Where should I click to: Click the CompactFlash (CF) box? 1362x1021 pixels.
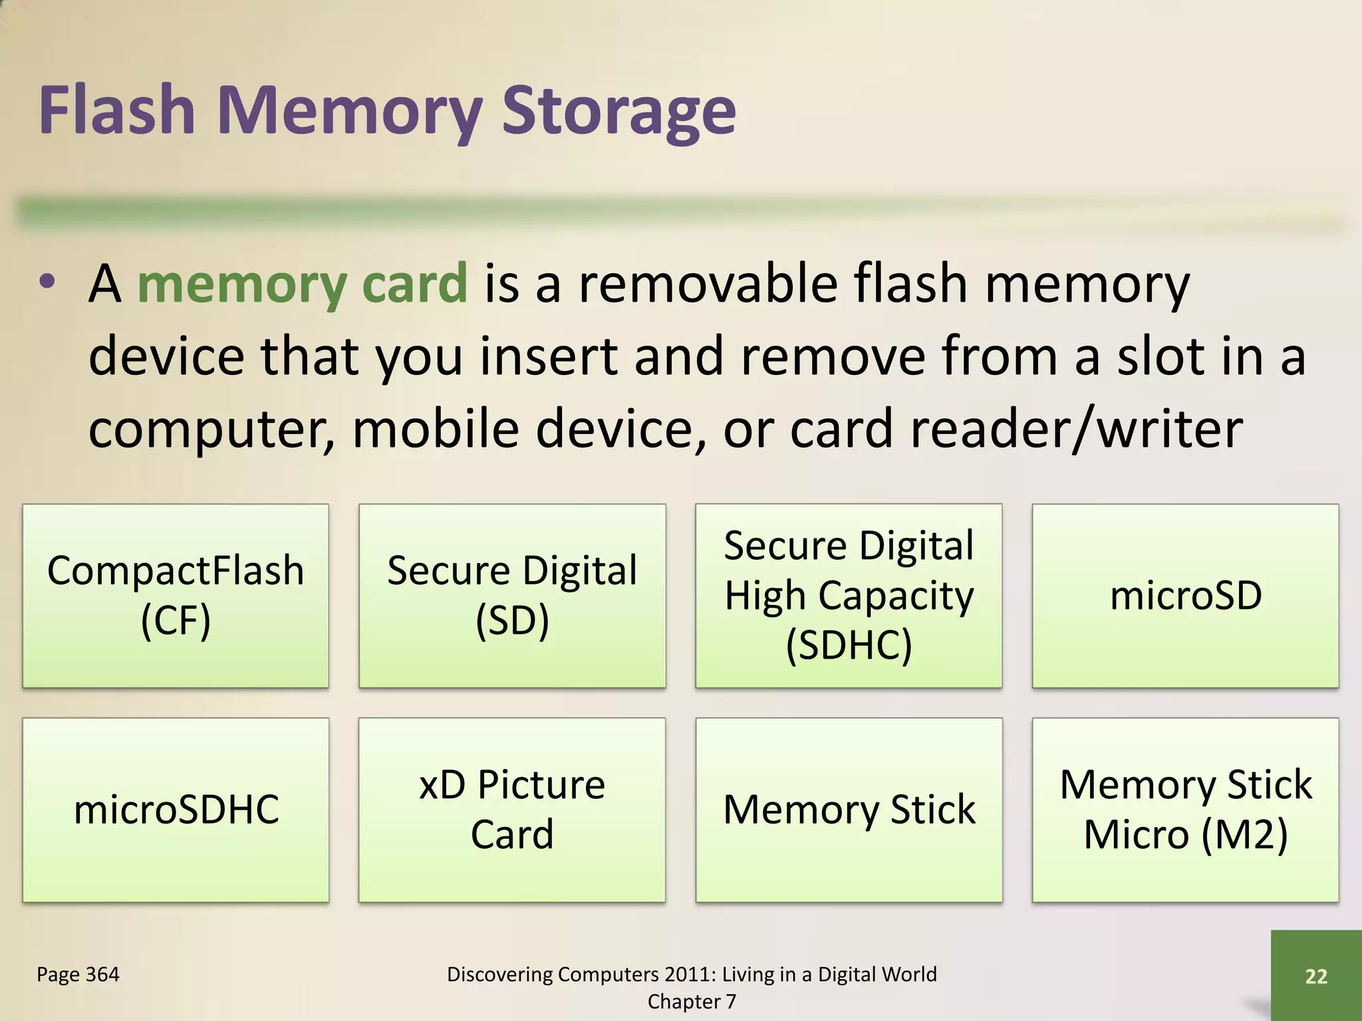pyautogui.click(x=176, y=596)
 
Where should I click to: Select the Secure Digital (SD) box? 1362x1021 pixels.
pyautogui.click(x=512, y=596)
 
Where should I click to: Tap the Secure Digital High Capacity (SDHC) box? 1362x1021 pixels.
pyautogui.click(x=849, y=596)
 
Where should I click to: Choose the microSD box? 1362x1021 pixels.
pyautogui.click(x=1185, y=596)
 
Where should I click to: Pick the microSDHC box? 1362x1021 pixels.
pyautogui.click(x=176, y=810)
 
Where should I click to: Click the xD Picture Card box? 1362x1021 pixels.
pyautogui.click(x=512, y=810)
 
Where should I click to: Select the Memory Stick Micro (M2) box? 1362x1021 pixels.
pyautogui.click(x=1185, y=810)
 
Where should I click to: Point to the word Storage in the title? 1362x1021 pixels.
pyautogui.click(x=618, y=112)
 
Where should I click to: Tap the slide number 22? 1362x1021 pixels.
pyautogui.click(x=1316, y=976)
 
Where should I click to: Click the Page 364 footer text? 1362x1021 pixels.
pyautogui.click(x=78, y=974)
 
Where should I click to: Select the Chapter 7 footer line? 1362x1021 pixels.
pyautogui.click(x=692, y=1002)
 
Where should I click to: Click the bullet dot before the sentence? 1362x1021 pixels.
pyautogui.click(x=47, y=282)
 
